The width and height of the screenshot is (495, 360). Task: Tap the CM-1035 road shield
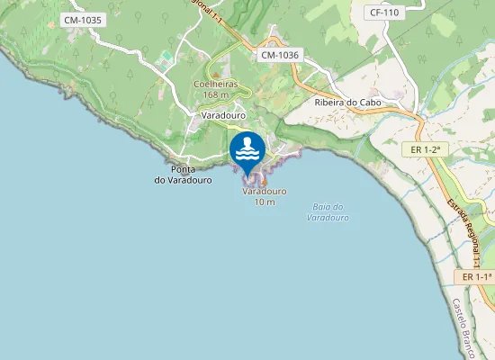(84, 19)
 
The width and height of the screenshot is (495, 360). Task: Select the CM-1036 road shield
(279, 56)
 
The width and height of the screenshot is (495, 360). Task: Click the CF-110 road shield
(384, 13)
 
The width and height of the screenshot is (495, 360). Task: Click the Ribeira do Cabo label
(348, 103)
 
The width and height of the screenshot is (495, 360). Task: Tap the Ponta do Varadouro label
(183, 175)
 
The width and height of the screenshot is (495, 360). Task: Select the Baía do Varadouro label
(327, 212)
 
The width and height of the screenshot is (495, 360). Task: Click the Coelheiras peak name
(216, 84)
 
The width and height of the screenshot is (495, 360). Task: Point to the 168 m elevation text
(216, 94)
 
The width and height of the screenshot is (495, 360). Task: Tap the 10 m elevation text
(265, 202)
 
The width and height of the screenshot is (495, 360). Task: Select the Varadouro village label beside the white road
(223, 116)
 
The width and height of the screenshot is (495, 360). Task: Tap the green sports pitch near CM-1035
(165, 56)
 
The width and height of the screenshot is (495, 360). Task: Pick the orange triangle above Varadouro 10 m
(264, 181)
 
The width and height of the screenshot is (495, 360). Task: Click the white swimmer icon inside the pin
(247, 147)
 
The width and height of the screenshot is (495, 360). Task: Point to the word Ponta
(183, 169)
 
